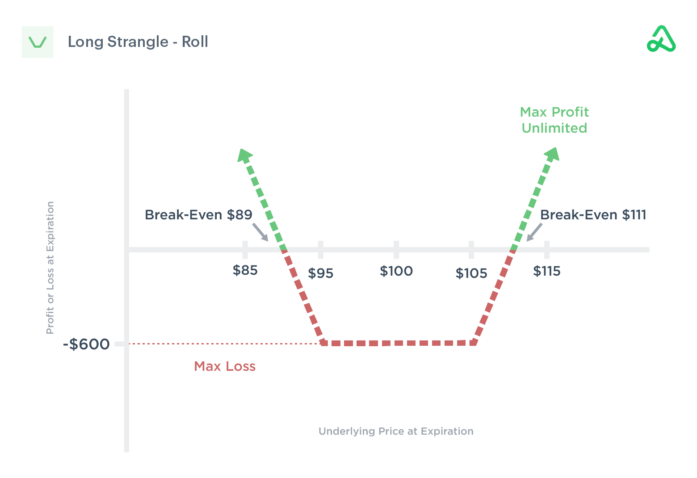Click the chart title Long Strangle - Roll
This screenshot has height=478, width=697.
138,42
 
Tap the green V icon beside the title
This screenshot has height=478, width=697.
38,42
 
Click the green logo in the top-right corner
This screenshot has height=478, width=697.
661,39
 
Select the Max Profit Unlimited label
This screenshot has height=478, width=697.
554,120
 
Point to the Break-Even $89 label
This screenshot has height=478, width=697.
198,215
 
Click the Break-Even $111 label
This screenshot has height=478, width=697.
593,215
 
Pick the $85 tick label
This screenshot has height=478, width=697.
245,270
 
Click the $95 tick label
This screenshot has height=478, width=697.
321,273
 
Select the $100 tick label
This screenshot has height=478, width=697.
396,271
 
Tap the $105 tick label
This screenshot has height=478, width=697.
471,273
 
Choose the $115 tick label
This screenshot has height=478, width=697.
547,271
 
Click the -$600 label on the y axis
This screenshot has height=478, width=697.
86,344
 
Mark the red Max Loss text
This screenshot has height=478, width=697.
225,366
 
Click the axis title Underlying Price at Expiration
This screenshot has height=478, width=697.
396,431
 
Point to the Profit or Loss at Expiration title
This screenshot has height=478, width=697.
50,268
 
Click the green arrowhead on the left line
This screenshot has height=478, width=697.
244,155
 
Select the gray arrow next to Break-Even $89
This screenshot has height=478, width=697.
260,232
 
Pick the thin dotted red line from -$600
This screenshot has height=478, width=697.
223,344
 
